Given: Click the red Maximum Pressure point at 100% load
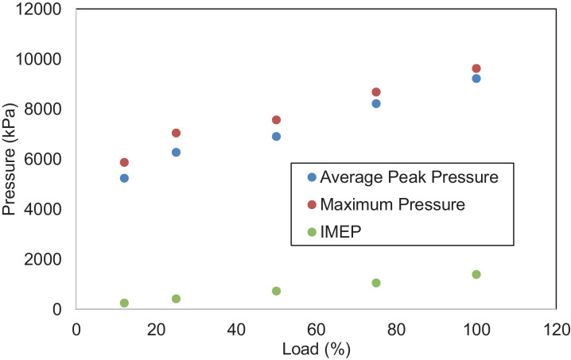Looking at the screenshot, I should tap(476, 69).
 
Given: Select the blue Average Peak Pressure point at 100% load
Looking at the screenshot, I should tap(476, 79).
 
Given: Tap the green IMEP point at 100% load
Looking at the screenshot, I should tap(476, 274).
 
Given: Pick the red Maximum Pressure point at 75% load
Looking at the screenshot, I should tap(376, 92).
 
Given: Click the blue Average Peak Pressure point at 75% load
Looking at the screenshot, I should tap(376, 103).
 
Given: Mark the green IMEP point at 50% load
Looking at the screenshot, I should tap(276, 291).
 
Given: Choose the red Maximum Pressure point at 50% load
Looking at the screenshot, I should tap(276, 120).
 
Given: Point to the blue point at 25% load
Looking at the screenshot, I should tap(176, 153).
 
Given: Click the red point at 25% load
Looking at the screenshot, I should tap(176, 133).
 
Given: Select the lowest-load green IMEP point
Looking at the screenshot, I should tap(124, 303).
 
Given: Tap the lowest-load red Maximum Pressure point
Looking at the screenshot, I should tap(124, 162).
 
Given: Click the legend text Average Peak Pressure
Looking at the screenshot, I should tap(410, 177).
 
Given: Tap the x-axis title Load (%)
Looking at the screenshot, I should tap(316, 348).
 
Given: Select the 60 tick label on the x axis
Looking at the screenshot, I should tap(316, 327).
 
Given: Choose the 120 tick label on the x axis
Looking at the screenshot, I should tap(556, 327).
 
